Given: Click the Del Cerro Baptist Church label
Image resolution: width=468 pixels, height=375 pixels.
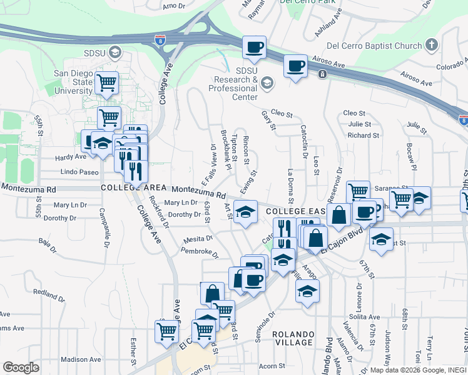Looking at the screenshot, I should [x=384, y=46].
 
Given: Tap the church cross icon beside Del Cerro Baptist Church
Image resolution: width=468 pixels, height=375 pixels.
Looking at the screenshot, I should [x=430, y=45].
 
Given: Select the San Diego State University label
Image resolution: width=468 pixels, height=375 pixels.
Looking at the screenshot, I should [x=73, y=82].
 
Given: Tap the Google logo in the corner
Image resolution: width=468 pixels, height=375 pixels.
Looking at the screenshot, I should [x=20, y=367].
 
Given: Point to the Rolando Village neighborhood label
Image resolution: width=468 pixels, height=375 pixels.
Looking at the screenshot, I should [x=293, y=338].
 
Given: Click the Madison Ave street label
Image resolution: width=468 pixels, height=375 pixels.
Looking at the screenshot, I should [x=81, y=359].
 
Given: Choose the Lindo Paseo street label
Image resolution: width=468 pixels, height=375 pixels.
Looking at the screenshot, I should [x=79, y=171].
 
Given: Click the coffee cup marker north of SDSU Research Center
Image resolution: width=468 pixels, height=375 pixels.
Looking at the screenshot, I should [x=255, y=47].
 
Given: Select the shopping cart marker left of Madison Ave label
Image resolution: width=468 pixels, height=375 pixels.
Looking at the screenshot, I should [x=166, y=330].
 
